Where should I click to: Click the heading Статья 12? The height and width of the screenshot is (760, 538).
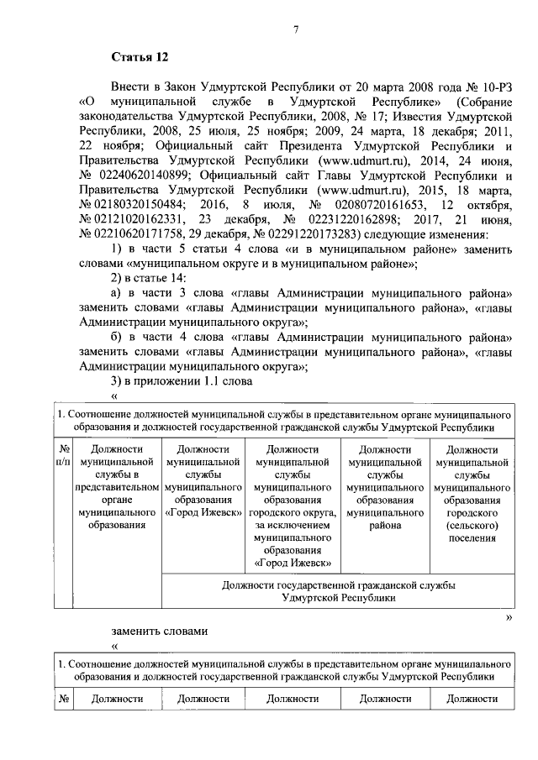tap(140, 58)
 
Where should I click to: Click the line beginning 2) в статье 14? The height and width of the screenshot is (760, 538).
tap(150, 278)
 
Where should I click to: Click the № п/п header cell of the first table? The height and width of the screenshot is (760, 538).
tap(64, 456)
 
